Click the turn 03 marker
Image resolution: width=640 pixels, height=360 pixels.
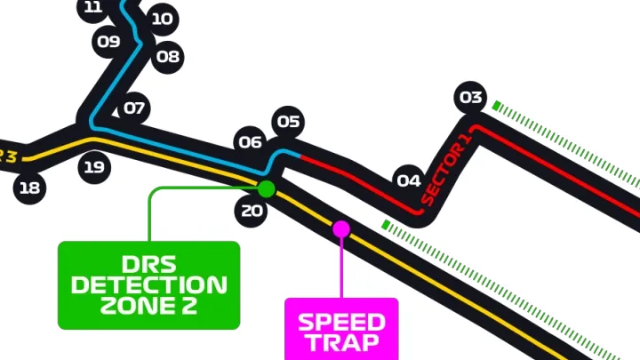[471, 98]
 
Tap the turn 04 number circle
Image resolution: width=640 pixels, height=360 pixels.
[408, 181]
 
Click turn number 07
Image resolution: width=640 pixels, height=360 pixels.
[133, 109]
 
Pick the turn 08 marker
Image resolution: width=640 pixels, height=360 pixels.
[167, 58]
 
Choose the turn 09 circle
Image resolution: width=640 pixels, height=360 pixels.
[108, 41]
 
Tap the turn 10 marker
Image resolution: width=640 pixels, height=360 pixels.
[161, 19]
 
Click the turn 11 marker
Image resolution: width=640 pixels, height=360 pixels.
[92, 9]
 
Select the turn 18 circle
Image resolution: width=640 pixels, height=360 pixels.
[29, 188]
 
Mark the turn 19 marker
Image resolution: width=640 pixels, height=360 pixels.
[94, 166]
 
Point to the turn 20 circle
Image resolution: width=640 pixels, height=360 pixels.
[252, 211]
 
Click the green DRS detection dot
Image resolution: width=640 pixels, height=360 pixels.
[266, 188]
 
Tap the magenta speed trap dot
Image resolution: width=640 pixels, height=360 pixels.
[341, 229]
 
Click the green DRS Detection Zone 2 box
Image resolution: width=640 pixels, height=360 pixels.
[148, 284]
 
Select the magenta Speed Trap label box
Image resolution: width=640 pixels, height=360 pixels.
[341, 330]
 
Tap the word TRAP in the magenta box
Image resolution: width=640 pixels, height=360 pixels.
[341, 342]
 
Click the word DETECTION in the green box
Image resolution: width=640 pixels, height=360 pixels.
[148, 285]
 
